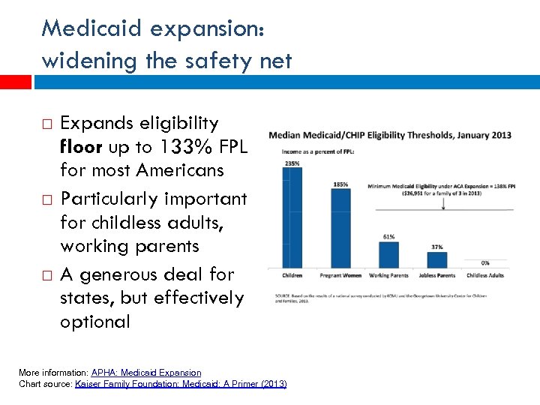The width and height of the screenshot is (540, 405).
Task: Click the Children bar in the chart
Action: point(292,215)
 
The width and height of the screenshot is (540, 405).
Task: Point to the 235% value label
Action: point(292,163)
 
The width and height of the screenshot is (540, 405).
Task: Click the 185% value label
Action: point(340,184)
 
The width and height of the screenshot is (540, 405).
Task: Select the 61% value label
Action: point(389,236)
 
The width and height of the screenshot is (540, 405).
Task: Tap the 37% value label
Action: point(436,247)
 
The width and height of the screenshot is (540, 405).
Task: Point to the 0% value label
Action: point(485,262)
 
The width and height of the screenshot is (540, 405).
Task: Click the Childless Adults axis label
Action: point(485,275)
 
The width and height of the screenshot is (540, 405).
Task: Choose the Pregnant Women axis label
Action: point(340,275)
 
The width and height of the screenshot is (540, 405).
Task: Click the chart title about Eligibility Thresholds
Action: point(390,135)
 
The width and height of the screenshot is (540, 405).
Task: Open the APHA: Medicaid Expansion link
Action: point(146,373)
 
